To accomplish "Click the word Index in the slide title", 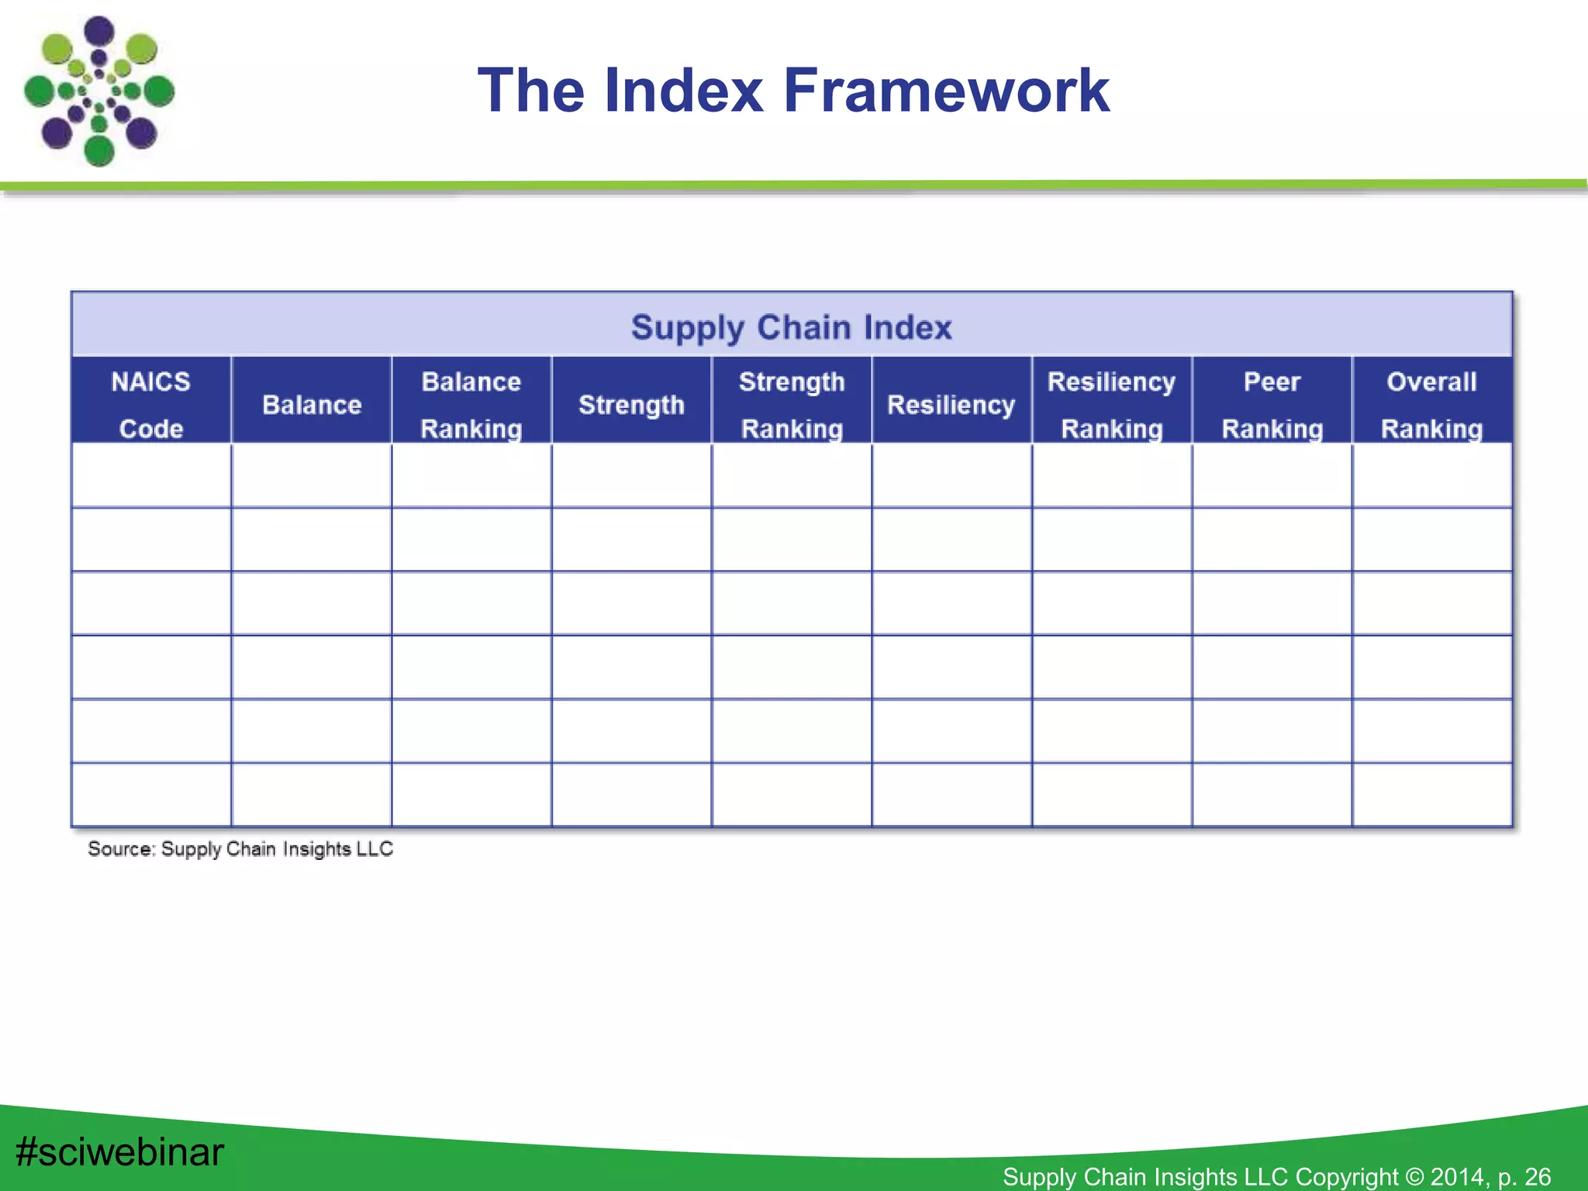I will point(684,91).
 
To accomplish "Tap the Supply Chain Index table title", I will point(791,327).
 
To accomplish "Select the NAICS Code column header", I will point(151,404).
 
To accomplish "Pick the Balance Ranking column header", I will point(471,404).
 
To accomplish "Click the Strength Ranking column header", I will point(792,404).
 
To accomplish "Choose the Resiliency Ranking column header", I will point(1112,404).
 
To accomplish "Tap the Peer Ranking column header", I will point(1272,404).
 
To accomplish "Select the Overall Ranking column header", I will point(1432,404).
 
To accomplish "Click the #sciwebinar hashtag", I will point(119,1151).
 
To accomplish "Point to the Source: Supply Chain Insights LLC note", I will point(240,849).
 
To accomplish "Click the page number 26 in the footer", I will point(1537,1176).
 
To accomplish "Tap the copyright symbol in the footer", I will point(1414,1176).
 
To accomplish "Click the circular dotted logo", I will point(98,91).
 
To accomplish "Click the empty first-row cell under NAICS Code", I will point(151,475).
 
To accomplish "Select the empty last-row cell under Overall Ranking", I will point(1432,795).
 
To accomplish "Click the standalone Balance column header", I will point(312,405).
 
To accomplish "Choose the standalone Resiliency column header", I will point(951,405).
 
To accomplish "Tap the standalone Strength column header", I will point(631,405).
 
